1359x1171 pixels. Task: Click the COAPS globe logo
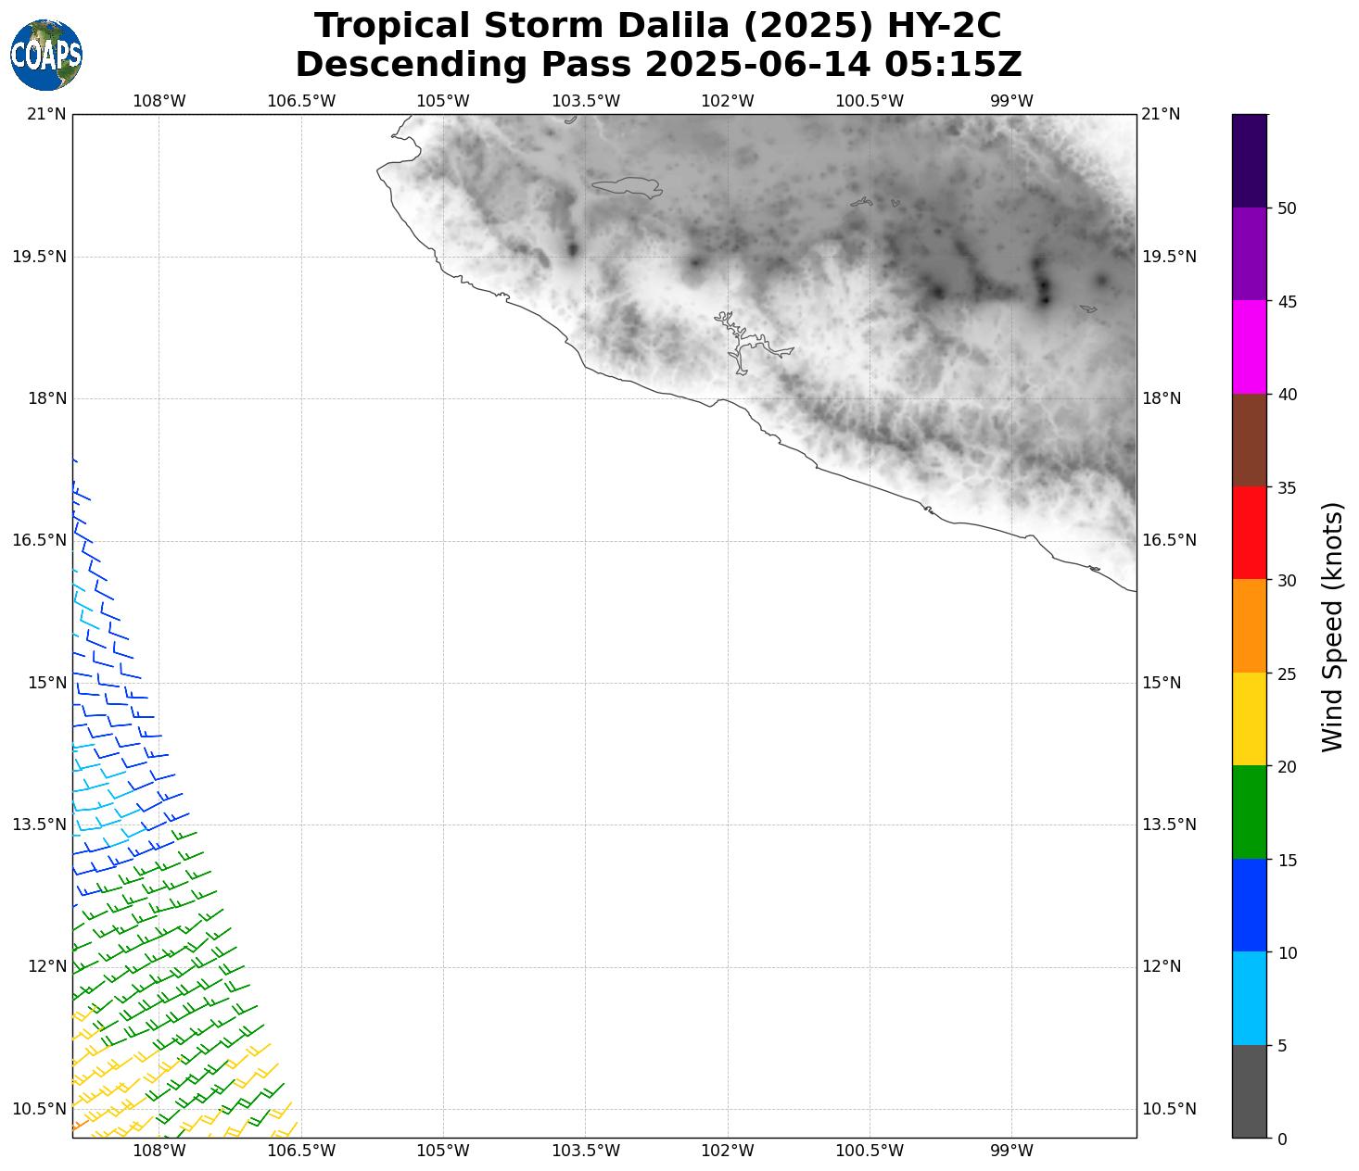(x=46, y=55)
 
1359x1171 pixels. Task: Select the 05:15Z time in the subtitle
(x=953, y=65)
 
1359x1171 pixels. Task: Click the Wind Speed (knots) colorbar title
(x=1332, y=626)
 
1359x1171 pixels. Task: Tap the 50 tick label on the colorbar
(x=1287, y=208)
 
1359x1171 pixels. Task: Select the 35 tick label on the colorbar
(x=1287, y=488)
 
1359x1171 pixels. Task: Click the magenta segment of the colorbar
(x=1249, y=347)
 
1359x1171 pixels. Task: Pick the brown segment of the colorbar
(x=1249, y=440)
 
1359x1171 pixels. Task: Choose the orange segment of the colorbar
(x=1249, y=626)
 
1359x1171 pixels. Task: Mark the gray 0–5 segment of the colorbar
(x=1249, y=1091)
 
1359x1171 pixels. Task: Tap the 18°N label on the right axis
(x=1162, y=398)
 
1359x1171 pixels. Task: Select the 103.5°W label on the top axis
(x=586, y=101)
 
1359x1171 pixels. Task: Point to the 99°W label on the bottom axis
(x=1011, y=1151)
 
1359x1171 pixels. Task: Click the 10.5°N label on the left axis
(x=39, y=1109)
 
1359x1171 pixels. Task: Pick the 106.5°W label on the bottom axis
(x=301, y=1151)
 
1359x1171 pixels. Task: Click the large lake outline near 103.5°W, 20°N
(x=627, y=188)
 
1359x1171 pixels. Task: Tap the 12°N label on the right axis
(x=1162, y=966)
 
